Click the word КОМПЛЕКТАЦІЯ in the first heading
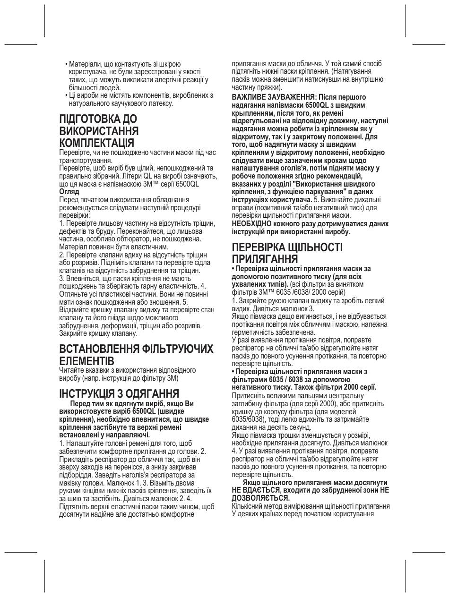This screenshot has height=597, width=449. tap(96, 143)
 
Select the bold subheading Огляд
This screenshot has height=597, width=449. tap(69, 192)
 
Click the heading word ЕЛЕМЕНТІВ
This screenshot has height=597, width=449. tap(86, 361)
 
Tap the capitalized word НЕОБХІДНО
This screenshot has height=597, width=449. tap(251, 224)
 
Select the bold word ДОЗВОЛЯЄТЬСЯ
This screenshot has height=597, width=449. tap(260, 498)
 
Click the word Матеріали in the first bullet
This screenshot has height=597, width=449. tap(84, 64)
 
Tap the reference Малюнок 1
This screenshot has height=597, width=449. tap(116, 483)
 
